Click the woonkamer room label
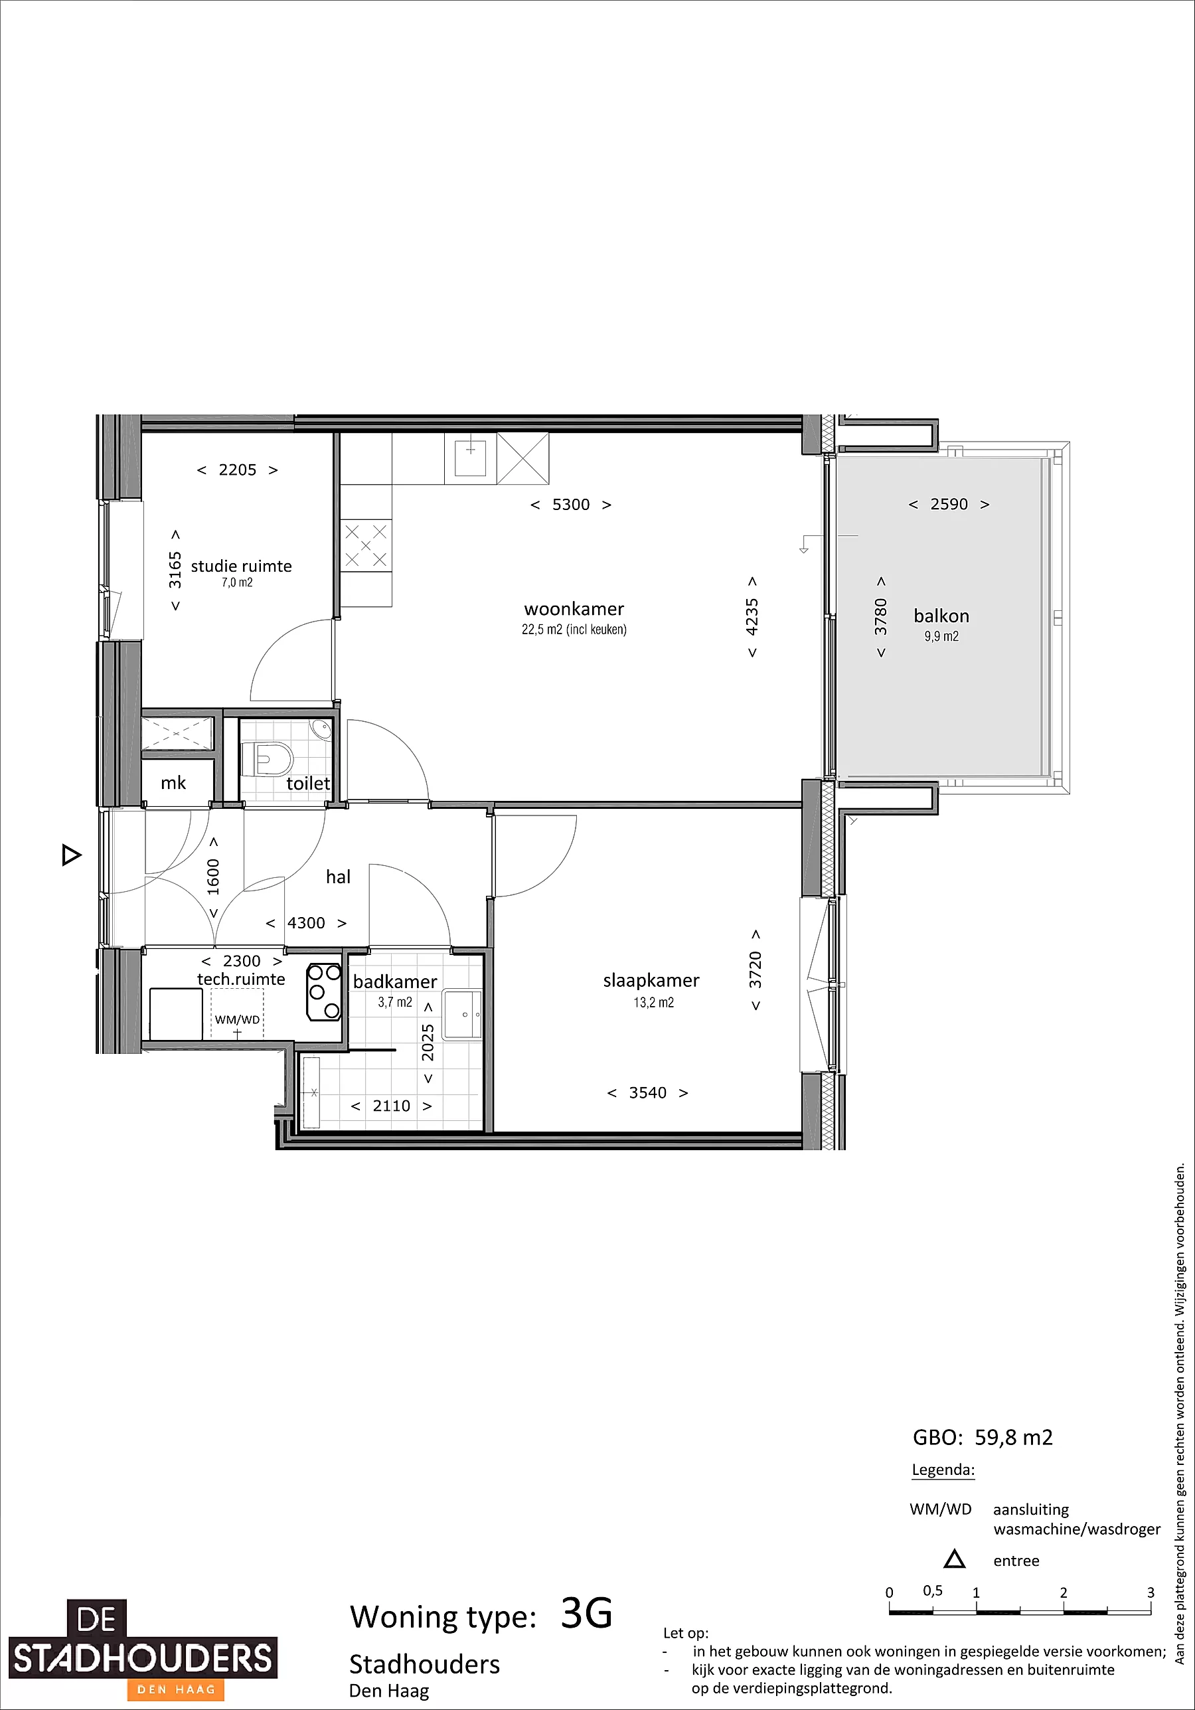tap(574, 608)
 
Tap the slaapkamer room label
tap(651, 981)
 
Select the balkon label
tap(941, 616)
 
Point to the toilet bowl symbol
tap(269, 758)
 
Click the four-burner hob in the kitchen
tap(366, 545)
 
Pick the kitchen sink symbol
tap(471, 456)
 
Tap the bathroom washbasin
tap(461, 1013)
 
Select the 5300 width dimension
tap(571, 505)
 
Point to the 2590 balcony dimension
tap(949, 504)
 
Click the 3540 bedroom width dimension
tap(648, 1092)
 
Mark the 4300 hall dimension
tap(306, 924)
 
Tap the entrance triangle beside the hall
tap(71, 855)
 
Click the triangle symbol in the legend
tap(955, 1559)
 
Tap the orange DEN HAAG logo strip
tap(177, 1689)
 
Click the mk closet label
tap(173, 782)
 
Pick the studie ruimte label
tap(241, 566)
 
